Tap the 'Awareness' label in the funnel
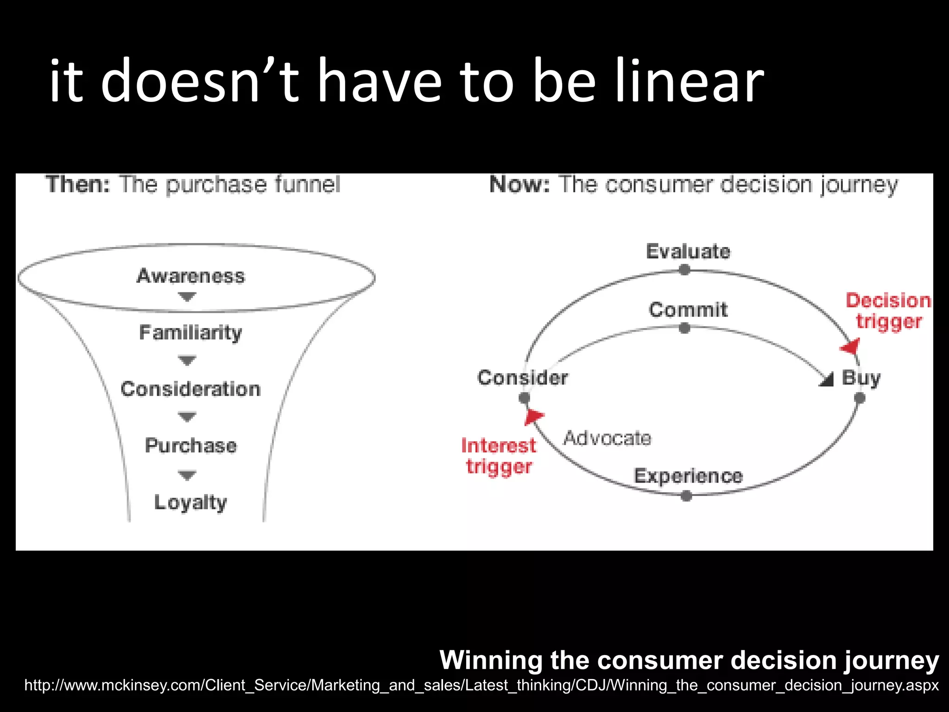190,276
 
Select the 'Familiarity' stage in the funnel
190,333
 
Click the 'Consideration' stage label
190,389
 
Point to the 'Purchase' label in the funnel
190,445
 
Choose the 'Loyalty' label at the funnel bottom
190,502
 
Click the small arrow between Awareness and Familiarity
187,296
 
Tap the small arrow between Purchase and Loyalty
187,475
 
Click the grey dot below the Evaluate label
684,270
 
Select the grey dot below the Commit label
684,329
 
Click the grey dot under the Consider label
524,398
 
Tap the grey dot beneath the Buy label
860,398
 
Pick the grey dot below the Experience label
687,496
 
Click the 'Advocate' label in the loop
607,438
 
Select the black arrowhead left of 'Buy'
827,380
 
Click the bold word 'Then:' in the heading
78,184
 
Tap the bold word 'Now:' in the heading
519,184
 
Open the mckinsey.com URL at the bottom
481,685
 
